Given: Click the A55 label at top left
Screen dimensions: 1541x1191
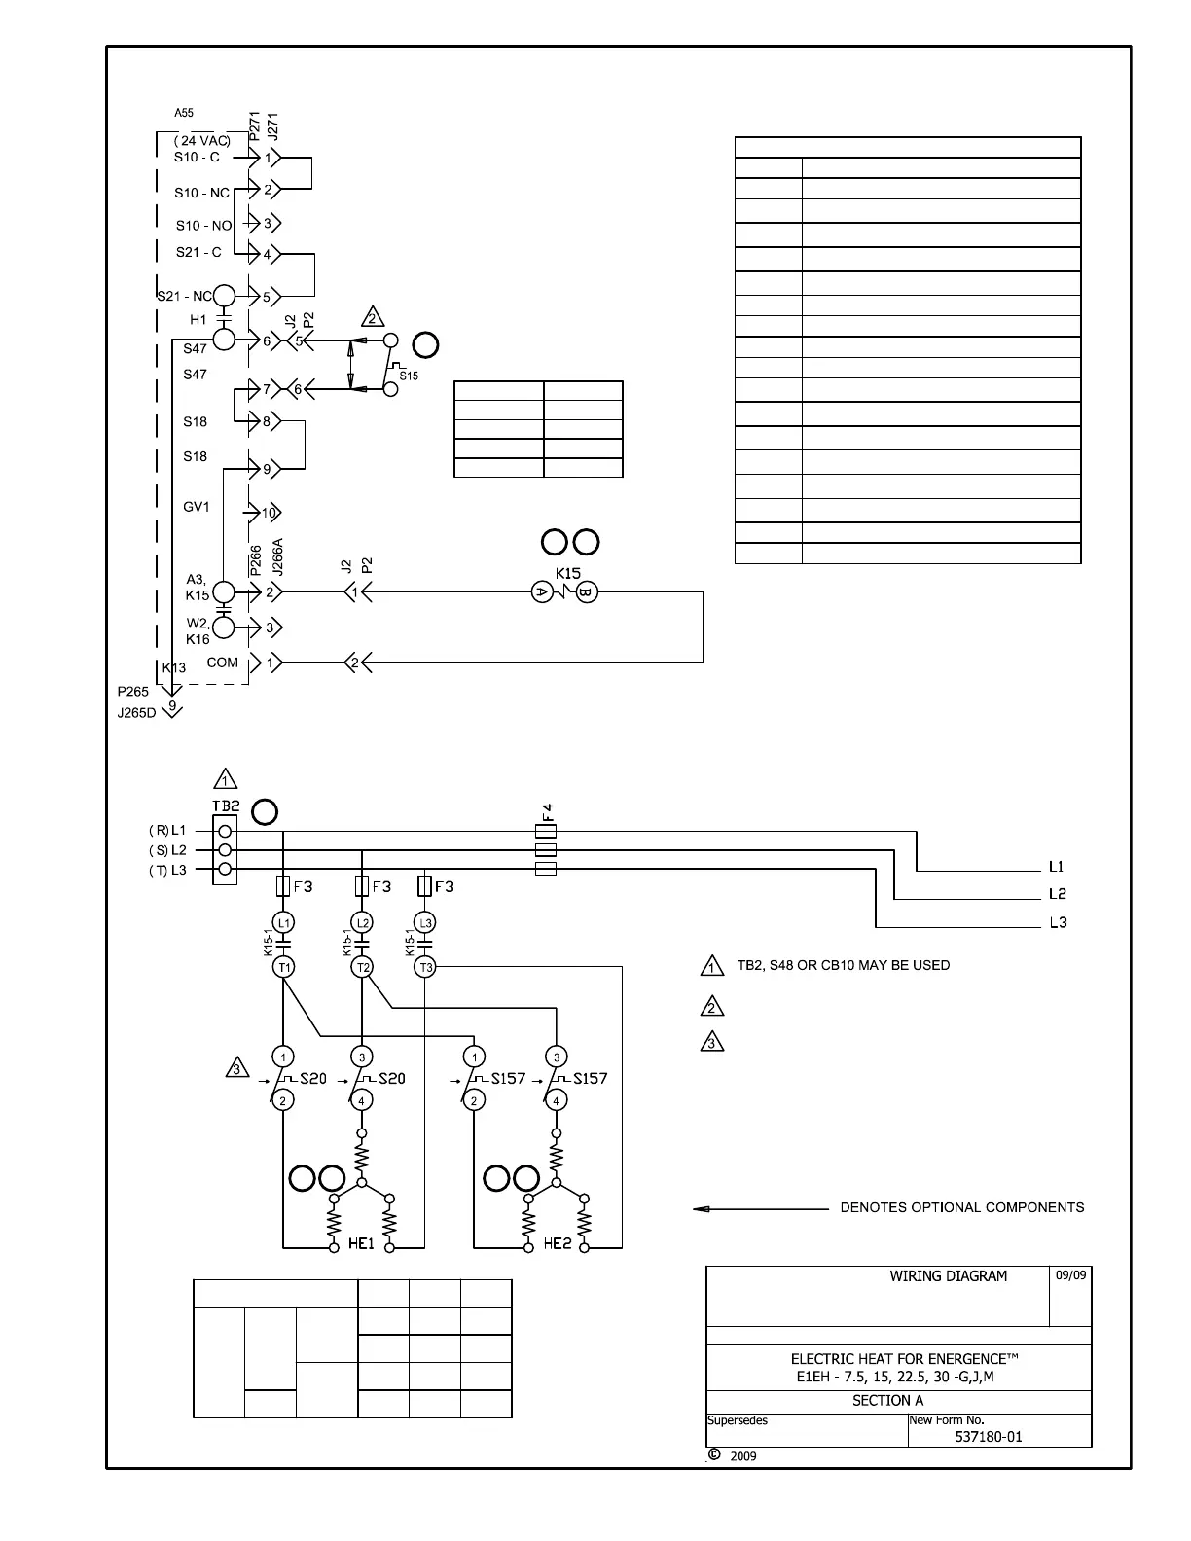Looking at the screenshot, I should pyautogui.click(x=184, y=113).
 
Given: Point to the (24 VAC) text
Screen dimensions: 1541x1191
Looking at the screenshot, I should pyautogui.click(x=202, y=140).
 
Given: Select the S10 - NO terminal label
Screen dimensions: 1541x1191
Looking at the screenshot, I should pyautogui.click(x=203, y=226).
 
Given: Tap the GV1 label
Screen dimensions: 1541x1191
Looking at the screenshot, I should pyautogui.click(x=197, y=507).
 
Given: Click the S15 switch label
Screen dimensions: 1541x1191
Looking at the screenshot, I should pyautogui.click(x=409, y=376).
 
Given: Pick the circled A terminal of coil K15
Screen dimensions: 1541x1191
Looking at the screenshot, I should pyautogui.click(x=542, y=591).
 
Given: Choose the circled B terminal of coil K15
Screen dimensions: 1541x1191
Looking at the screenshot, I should pyautogui.click(x=587, y=591).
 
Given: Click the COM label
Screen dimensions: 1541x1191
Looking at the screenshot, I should pyautogui.click(x=223, y=663).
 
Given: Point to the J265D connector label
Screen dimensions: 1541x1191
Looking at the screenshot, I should pyautogui.click(x=137, y=712).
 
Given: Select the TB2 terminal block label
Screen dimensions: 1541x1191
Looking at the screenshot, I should pyautogui.click(x=226, y=806).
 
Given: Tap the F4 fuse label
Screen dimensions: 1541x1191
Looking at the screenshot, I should pyautogui.click(x=548, y=813).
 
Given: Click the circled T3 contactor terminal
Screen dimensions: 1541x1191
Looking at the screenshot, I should pyautogui.click(x=425, y=967).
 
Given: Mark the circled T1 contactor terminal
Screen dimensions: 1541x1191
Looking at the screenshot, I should pyautogui.click(x=283, y=967).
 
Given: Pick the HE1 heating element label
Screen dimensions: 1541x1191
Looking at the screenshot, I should pyautogui.click(x=361, y=1243).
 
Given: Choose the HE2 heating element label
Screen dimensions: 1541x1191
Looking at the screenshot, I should pyautogui.click(x=558, y=1243).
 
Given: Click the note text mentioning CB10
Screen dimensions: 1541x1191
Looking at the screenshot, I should pyautogui.click(x=843, y=965).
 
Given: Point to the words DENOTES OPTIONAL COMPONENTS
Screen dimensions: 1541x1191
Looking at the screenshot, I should pyautogui.click(x=961, y=1207).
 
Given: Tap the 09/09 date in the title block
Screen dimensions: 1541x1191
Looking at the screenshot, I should pyautogui.click(x=1070, y=1275).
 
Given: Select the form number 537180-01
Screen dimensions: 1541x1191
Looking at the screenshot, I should pyautogui.click(x=989, y=1437).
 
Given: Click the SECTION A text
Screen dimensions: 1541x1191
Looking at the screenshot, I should pyautogui.click(x=887, y=1401).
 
